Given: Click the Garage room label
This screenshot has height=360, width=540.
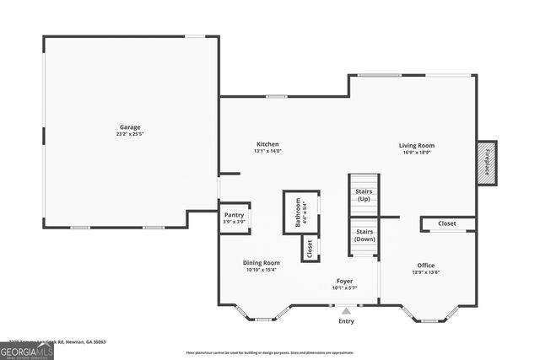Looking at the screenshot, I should pyautogui.click(x=129, y=127).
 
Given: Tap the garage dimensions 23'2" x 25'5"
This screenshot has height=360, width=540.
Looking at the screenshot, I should pyautogui.click(x=129, y=135).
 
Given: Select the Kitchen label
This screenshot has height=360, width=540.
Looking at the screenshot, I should pyautogui.click(x=267, y=144).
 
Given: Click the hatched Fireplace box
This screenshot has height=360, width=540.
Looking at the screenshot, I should pyautogui.click(x=487, y=161).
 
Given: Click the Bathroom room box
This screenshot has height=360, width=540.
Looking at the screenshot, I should pyautogui.click(x=300, y=212).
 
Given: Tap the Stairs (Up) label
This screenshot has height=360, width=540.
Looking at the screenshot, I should pyautogui.click(x=364, y=195).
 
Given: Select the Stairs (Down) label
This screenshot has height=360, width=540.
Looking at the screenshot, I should pyautogui.click(x=364, y=234).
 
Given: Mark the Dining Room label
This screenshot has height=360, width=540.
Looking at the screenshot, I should pyautogui.click(x=262, y=263).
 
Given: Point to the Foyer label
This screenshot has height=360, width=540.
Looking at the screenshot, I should pyautogui.click(x=344, y=281).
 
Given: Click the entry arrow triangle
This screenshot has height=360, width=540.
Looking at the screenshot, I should pyautogui.click(x=345, y=311).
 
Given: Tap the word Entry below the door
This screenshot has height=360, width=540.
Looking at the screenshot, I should pyautogui.click(x=346, y=321).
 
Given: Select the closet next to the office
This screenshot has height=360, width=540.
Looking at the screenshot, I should pyautogui.click(x=448, y=224).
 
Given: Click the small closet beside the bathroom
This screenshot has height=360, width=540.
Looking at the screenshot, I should pyautogui.click(x=310, y=248).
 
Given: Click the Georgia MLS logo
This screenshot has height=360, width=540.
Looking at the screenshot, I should pyautogui.click(x=26, y=351).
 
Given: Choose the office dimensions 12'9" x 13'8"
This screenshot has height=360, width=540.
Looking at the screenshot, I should pyautogui.click(x=426, y=272).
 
